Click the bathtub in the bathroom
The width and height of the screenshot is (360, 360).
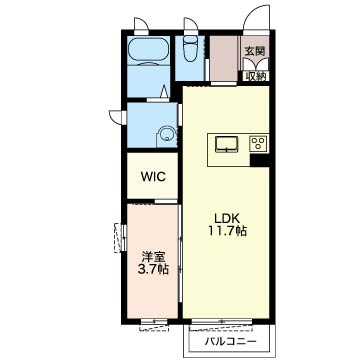[148, 51]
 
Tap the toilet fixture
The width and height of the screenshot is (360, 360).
[191, 49]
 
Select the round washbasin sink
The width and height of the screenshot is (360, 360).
[166, 136]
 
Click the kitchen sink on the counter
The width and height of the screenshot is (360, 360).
[227, 145]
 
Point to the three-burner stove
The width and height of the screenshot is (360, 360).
[258, 144]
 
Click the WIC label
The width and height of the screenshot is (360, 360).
[153, 177]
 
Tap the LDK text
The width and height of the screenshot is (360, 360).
[227, 218]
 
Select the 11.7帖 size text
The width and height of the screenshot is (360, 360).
[227, 231]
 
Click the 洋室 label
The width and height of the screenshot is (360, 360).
[153, 257]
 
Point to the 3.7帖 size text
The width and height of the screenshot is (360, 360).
[153, 269]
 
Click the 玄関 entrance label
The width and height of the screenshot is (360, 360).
[255, 51]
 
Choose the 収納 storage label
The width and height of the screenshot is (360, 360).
[256, 76]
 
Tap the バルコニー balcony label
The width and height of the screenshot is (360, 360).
[231, 341]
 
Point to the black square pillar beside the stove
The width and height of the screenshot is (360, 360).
[259, 161]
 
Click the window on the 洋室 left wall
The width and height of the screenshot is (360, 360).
[121, 238]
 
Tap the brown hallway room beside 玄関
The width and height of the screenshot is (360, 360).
[224, 58]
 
